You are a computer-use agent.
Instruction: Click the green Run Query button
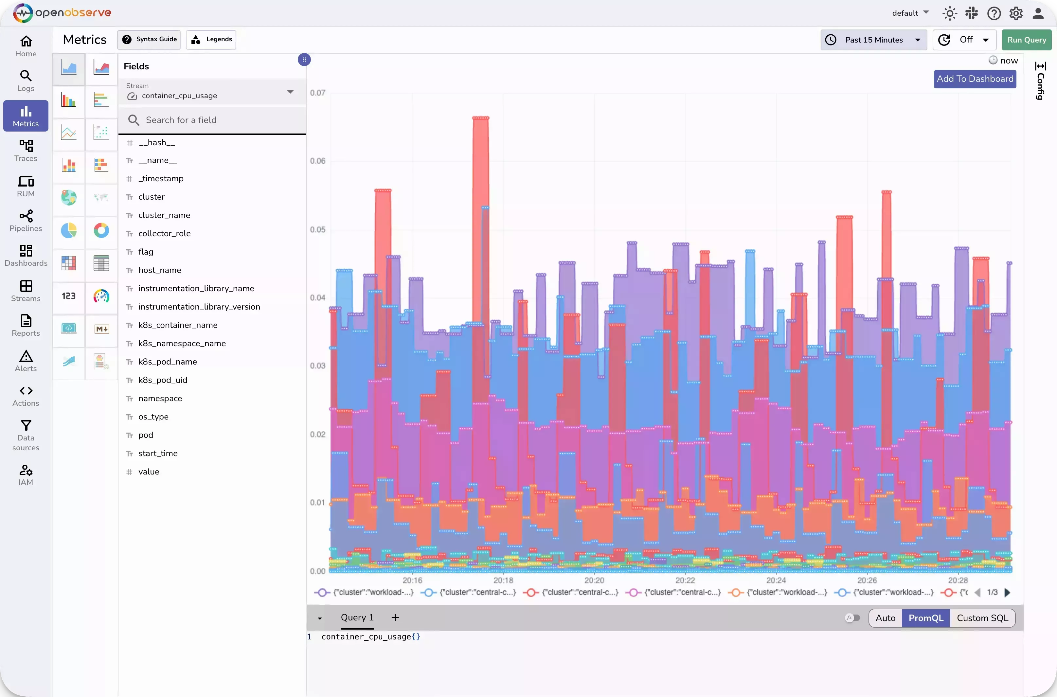pos(1026,40)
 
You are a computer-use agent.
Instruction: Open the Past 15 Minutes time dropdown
pos(873,40)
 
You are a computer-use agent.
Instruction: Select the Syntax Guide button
pos(149,40)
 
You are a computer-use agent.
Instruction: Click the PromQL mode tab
pos(925,618)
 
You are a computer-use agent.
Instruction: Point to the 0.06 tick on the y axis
pos(317,161)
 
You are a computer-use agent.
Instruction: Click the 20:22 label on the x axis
pos(685,580)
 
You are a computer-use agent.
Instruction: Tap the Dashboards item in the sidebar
pos(26,256)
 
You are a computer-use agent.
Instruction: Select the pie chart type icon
pos(68,230)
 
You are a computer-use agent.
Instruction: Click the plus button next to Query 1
pos(395,617)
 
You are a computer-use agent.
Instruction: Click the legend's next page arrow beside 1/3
pos(1007,592)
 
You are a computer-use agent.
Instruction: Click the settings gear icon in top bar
pos(1016,13)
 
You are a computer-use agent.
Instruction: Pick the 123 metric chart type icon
pos(68,296)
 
